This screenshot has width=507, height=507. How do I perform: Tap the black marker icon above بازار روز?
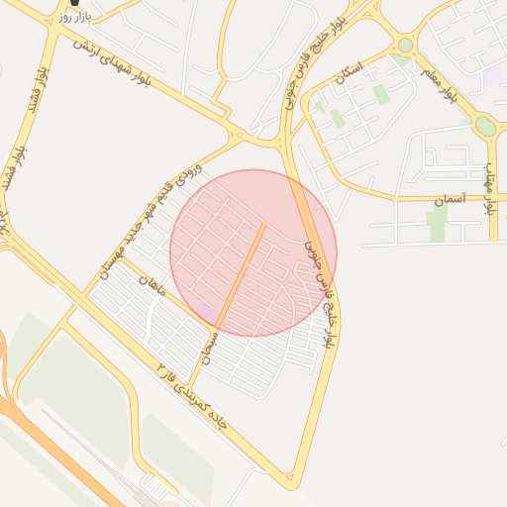click(74, 3)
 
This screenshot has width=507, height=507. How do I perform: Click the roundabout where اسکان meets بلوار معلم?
click(405, 45)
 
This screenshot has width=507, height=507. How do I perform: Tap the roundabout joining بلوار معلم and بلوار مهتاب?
click(485, 127)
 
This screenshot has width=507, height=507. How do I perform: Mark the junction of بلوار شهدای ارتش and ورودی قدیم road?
click(238, 135)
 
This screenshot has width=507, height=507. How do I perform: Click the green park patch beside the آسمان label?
click(437, 224)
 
